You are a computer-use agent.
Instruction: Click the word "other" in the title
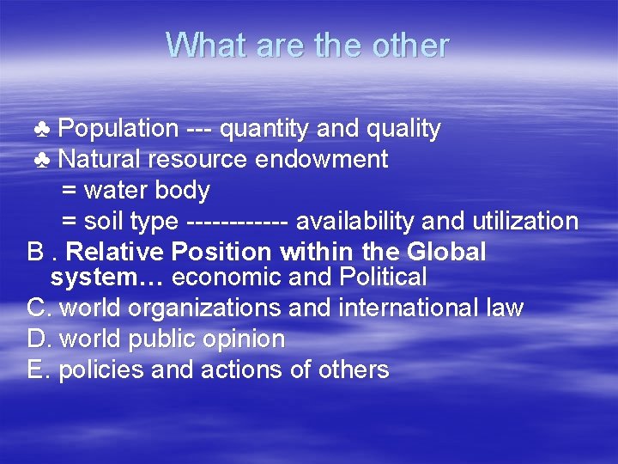click(x=410, y=45)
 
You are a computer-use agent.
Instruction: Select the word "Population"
click(x=118, y=130)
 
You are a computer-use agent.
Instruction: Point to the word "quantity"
click(x=265, y=130)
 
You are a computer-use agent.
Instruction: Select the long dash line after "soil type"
click(x=236, y=222)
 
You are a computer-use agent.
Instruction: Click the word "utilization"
click(x=525, y=222)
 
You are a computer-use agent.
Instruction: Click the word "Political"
click(x=383, y=278)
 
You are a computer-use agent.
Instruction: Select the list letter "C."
click(x=40, y=308)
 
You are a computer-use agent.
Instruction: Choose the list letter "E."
click(x=39, y=370)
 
